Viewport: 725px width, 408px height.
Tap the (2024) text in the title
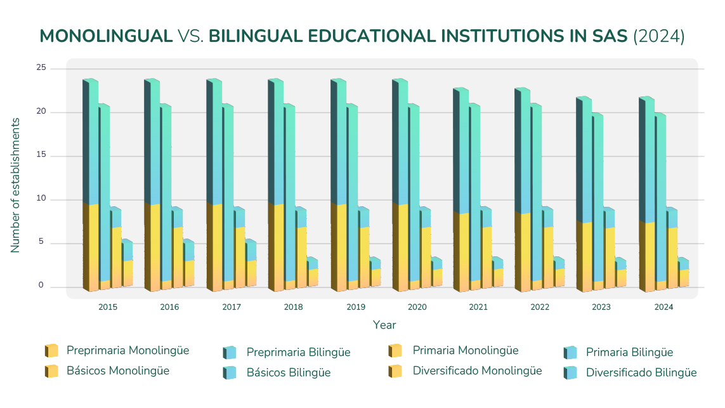pyautogui.click(x=659, y=36)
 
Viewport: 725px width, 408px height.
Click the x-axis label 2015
pyautogui.click(x=107, y=307)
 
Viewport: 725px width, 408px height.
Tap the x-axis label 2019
pyautogui.click(x=356, y=307)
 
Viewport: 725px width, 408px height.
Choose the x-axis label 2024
pyautogui.click(x=663, y=307)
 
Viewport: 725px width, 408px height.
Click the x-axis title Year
pyautogui.click(x=384, y=325)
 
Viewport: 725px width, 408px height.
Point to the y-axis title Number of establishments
pyautogui.click(x=15, y=185)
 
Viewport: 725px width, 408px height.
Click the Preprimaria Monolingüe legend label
pyautogui.click(x=127, y=350)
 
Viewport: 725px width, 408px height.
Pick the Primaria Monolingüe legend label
pyautogui.click(x=465, y=350)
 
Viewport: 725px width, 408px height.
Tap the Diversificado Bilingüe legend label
pyautogui.click(x=641, y=372)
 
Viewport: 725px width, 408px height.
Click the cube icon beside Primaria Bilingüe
pyautogui.click(x=570, y=352)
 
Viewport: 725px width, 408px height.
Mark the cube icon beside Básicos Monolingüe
pyautogui.click(x=51, y=371)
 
